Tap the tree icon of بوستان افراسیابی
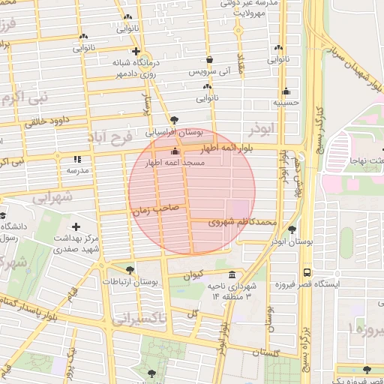pyautogui.click(x=175, y=119)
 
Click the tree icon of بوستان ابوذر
pyautogui.click(x=292, y=229)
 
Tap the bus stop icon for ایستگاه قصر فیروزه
pyautogui.click(x=307, y=273)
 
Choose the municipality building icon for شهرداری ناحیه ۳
pyautogui.click(x=232, y=274)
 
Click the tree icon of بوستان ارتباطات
pyautogui.click(x=131, y=270)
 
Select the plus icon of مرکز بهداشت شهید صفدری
pyautogui.click(x=76, y=226)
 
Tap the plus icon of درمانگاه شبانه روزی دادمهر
pyautogui.click(x=135, y=52)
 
